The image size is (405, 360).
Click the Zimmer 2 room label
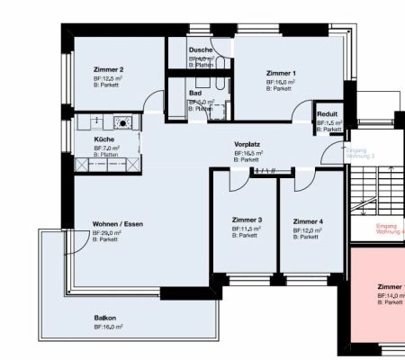point(108,69)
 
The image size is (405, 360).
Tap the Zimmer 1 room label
point(281,73)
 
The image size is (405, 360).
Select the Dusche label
point(201,51)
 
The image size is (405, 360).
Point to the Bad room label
point(194,94)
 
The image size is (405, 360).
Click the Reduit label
point(326,114)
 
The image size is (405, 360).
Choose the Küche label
point(104,139)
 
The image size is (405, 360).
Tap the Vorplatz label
point(247,144)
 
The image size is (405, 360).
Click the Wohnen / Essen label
point(117,223)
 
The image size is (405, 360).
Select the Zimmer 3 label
point(247,220)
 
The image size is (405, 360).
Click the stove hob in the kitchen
point(122,121)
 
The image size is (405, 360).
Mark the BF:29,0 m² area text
point(107,232)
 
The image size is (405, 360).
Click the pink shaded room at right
point(378,306)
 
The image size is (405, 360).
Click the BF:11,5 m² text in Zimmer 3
point(246,229)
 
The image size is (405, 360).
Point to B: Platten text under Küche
point(106,155)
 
